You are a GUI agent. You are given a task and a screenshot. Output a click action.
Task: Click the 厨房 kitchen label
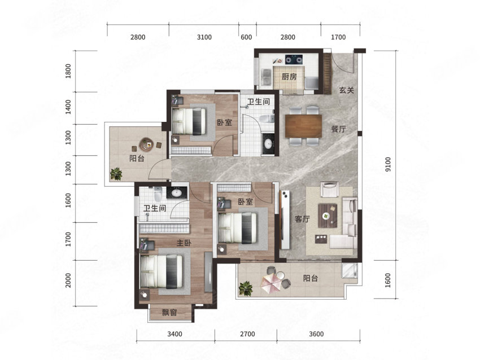[289, 77]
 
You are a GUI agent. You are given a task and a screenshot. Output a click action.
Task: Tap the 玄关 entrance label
[347, 90]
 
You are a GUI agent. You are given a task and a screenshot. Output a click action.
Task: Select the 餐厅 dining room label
[339, 129]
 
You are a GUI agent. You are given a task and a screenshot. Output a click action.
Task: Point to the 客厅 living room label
[302, 219]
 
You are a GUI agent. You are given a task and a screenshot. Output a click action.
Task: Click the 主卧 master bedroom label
[184, 243]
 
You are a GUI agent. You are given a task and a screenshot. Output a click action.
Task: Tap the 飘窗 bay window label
[169, 313]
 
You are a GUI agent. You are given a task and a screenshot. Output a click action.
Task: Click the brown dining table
[303, 126]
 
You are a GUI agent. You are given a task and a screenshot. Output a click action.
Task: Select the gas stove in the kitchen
[294, 59]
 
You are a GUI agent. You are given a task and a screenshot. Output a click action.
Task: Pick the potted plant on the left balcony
[116, 174]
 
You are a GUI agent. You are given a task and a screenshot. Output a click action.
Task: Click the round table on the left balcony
[147, 144]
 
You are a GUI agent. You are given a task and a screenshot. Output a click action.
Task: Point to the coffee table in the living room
[328, 216]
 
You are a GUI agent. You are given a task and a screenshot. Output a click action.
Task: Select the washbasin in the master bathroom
[177, 193]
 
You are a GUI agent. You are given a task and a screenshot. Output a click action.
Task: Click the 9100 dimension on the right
[388, 164]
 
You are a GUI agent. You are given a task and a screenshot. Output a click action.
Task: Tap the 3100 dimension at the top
[204, 37]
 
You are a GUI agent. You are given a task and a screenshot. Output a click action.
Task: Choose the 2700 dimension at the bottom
[247, 333]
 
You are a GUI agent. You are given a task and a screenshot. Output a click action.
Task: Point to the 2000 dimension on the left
[68, 280]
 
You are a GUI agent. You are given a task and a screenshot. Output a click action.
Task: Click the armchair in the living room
[329, 189]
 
